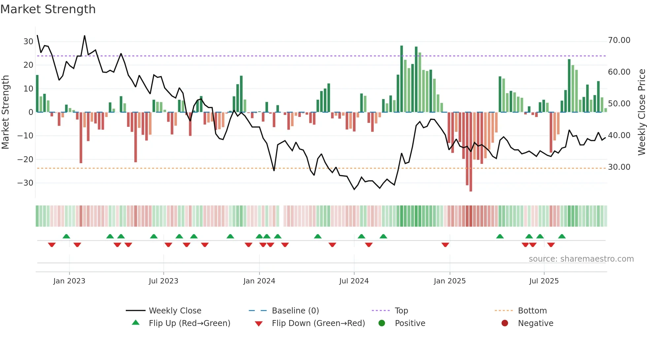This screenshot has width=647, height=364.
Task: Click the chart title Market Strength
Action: point(48,9)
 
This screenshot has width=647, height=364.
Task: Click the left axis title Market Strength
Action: point(6,112)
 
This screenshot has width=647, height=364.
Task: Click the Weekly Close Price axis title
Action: point(641,112)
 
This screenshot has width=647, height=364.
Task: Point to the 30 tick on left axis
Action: point(28,42)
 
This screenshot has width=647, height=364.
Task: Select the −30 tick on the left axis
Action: point(25,183)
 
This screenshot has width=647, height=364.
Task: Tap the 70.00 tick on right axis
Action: point(619,40)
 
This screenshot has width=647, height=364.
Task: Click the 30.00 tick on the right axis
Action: point(619,167)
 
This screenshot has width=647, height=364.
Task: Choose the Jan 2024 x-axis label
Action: point(259,281)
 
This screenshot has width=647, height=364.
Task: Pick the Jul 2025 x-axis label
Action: point(544,281)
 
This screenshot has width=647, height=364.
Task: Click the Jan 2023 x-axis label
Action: point(69,281)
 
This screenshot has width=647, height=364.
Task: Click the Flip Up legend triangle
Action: point(136,323)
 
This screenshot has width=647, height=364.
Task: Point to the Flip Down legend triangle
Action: point(259,324)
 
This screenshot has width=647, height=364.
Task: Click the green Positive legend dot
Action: point(382,323)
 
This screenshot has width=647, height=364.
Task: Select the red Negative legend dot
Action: point(505,323)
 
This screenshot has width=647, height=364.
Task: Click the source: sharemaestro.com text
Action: point(581,259)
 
